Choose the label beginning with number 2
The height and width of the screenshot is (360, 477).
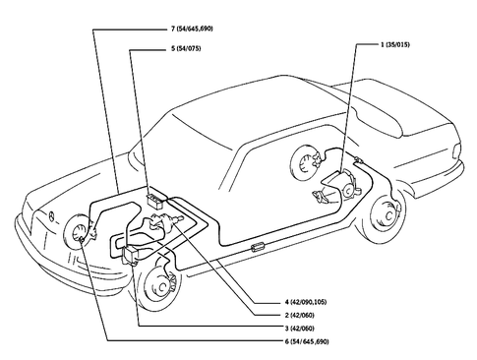(322, 314)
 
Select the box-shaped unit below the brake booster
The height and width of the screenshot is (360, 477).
(133, 254)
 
